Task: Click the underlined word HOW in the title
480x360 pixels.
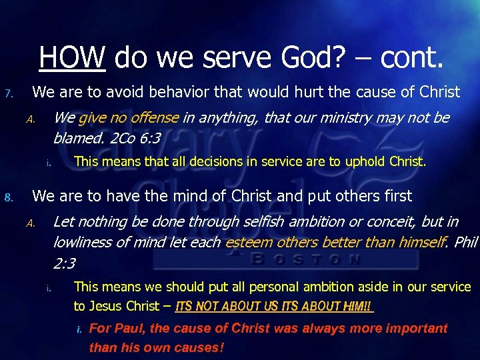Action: coord(73,57)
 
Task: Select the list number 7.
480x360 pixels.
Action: coord(8,93)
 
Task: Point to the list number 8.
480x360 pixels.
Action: coord(8,197)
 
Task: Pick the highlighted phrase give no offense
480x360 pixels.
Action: coord(128,118)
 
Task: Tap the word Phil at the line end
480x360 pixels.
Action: coord(465,242)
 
